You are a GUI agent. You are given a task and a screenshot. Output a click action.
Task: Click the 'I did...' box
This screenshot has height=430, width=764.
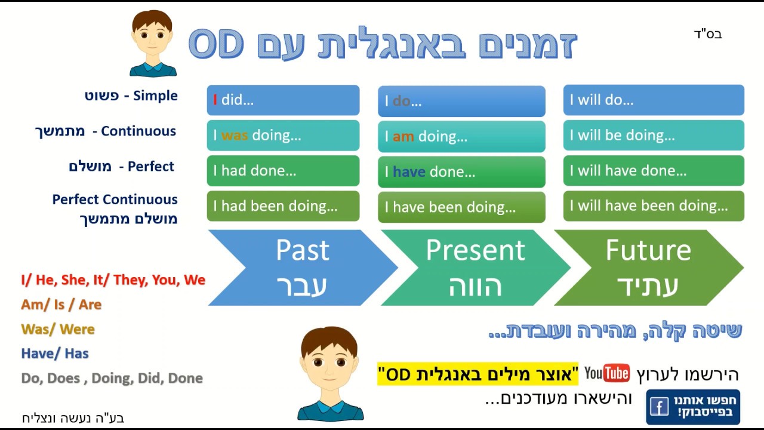[283, 100]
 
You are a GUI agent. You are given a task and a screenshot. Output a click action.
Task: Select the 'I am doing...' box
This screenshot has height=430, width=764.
[461, 136]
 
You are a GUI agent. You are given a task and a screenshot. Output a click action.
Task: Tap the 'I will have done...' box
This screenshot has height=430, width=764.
[654, 171]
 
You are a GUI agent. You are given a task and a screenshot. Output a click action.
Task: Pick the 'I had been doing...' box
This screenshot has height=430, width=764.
[283, 206]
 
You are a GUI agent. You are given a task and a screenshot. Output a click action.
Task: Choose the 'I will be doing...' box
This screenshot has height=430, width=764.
[654, 136]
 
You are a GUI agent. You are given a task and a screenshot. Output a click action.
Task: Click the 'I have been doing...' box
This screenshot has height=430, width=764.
[461, 207]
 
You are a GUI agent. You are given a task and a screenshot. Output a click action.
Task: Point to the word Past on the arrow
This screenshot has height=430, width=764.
[302, 251]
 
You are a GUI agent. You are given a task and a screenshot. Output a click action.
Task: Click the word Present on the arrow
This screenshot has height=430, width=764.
[475, 251]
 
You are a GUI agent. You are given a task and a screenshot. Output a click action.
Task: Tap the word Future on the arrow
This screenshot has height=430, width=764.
[648, 251]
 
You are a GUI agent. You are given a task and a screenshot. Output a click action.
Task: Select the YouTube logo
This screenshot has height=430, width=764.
[607, 374]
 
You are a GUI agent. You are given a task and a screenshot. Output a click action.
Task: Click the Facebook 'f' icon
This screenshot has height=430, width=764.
[659, 407]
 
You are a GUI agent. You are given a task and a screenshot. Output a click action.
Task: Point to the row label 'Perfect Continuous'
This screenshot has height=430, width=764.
[115, 199]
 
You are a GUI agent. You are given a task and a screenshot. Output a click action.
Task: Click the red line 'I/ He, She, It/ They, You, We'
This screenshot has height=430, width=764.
[113, 279]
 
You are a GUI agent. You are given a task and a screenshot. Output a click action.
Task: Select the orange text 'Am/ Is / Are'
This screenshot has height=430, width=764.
[61, 305]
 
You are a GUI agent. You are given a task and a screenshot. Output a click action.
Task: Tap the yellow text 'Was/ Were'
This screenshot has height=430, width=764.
[57, 329]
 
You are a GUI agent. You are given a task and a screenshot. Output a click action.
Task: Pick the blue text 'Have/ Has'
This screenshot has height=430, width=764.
[54, 354]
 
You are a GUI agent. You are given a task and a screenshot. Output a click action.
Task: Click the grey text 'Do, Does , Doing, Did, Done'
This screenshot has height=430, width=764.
[112, 378]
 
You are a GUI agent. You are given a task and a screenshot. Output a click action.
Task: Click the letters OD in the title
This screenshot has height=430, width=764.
[216, 43]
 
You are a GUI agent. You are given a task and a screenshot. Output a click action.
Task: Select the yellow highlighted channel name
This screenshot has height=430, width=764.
[478, 374]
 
